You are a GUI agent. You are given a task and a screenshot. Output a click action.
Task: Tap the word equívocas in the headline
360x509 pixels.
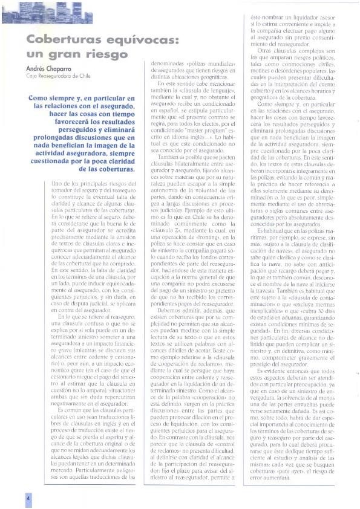click(x=137, y=41)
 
